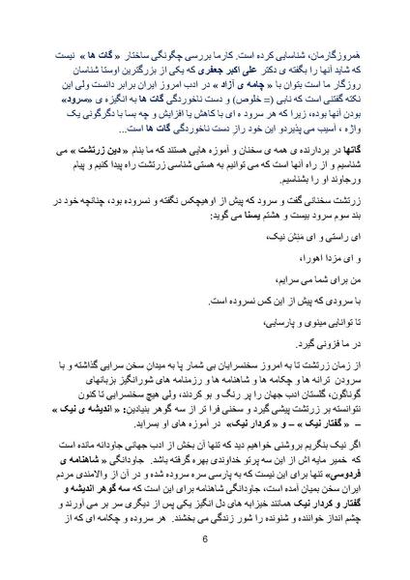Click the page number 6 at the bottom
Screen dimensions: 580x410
click(x=205, y=540)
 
